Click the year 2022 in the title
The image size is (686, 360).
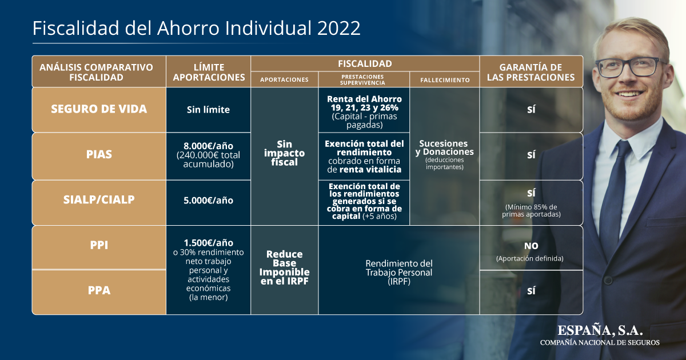(338, 28)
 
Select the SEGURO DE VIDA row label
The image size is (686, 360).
(99, 109)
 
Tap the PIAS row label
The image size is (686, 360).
(99, 154)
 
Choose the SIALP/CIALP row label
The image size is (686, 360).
(99, 199)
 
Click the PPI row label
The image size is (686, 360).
(99, 245)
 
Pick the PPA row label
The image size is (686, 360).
(99, 290)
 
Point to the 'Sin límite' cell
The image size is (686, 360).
(208, 110)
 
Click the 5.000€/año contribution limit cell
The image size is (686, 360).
(208, 201)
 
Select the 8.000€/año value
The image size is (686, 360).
(208, 146)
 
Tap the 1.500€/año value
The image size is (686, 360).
(208, 243)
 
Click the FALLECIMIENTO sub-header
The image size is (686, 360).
(445, 80)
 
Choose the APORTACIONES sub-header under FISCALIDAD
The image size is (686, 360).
(284, 79)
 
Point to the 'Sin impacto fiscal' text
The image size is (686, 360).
(284, 153)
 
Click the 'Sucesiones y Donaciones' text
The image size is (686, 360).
(444, 147)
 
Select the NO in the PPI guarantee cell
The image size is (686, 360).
(531, 246)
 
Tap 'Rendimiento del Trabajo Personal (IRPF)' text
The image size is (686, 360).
(399, 273)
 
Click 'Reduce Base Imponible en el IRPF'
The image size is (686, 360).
(284, 267)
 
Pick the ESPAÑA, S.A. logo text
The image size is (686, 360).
(600, 330)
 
